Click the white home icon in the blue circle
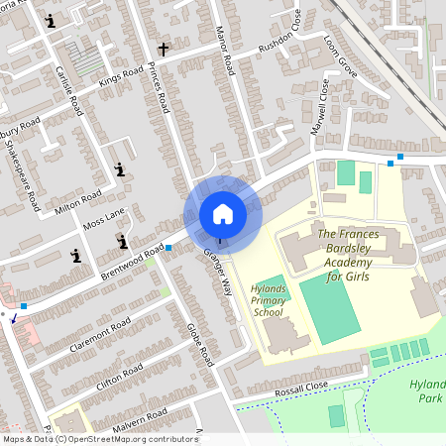coord(223,214)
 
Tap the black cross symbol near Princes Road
coord(164,47)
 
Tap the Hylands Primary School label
coord(268,298)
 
